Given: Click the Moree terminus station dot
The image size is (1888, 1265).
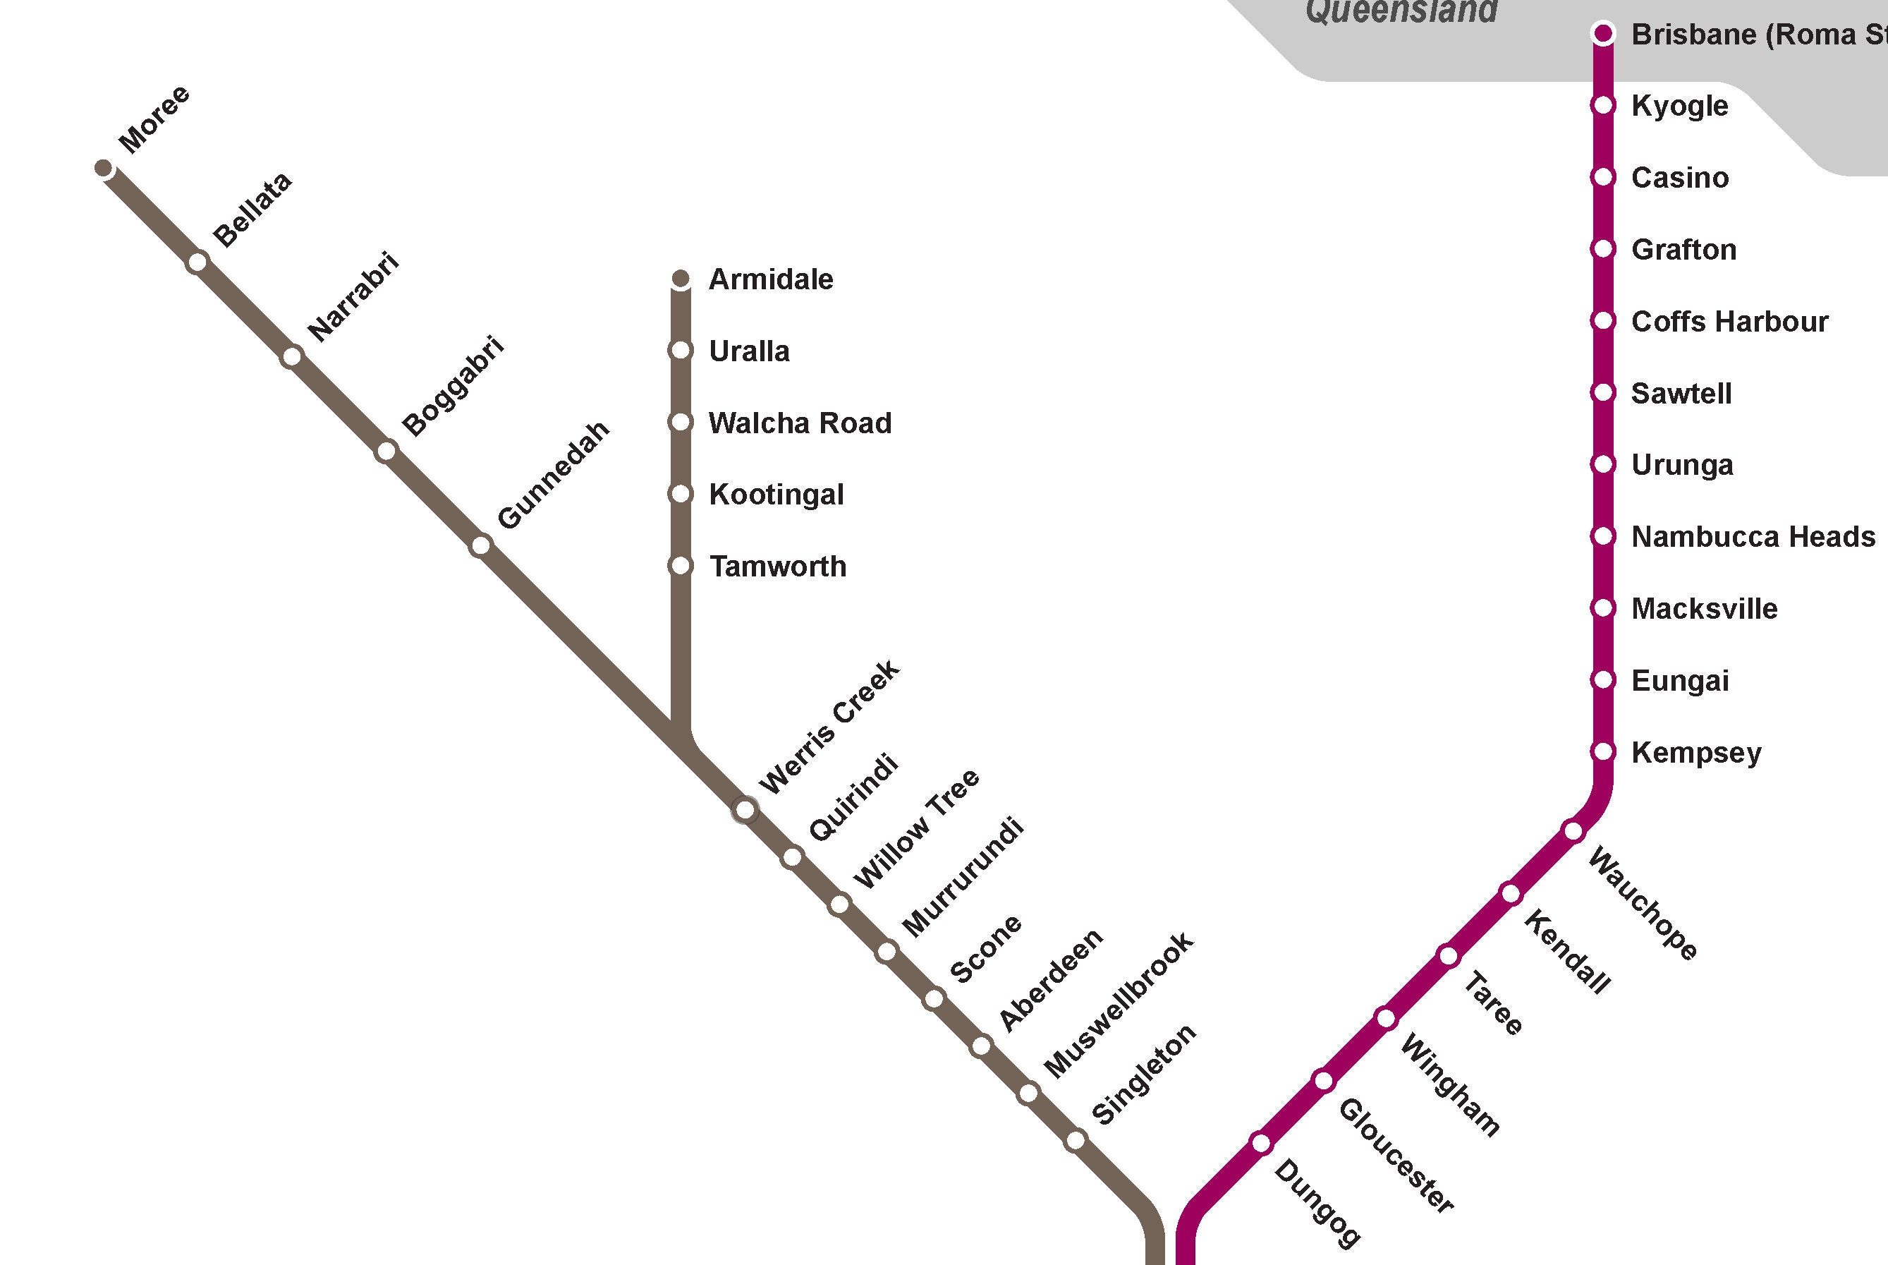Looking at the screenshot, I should pyautogui.click(x=103, y=168).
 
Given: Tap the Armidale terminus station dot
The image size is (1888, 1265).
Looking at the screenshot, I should pyautogui.click(x=681, y=279).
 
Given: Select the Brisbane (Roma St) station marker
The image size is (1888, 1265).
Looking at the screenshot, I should pyautogui.click(x=1603, y=34).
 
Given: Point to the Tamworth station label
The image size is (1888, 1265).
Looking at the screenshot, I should pyautogui.click(x=777, y=567).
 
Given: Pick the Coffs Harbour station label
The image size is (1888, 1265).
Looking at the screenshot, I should pyautogui.click(x=1729, y=321).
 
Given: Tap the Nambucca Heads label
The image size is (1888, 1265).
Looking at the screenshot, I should pyautogui.click(x=1753, y=536).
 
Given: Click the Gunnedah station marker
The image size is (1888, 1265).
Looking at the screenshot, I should pyautogui.click(x=481, y=546).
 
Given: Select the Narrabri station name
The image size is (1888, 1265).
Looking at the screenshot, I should pyautogui.click(x=353, y=296).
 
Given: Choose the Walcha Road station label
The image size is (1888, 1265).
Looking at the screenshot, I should pyautogui.click(x=799, y=423).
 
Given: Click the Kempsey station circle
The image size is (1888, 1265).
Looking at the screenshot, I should pyautogui.click(x=1603, y=752).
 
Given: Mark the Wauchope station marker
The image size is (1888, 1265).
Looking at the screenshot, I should pyautogui.click(x=1573, y=831).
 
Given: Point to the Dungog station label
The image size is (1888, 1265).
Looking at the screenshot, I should pyautogui.click(x=1317, y=1204).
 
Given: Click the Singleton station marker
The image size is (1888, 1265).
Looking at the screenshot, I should pyautogui.click(x=1075, y=1141).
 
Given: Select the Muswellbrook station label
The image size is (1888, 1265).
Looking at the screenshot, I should pyautogui.click(x=1119, y=1005).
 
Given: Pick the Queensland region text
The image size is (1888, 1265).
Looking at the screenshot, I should pyautogui.click(x=1401, y=11).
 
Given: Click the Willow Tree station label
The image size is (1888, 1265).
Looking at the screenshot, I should pyautogui.click(x=917, y=828).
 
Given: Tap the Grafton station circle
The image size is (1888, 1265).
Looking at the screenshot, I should pyautogui.click(x=1603, y=249).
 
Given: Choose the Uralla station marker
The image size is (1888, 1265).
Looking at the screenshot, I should pyautogui.click(x=681, y=350).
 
